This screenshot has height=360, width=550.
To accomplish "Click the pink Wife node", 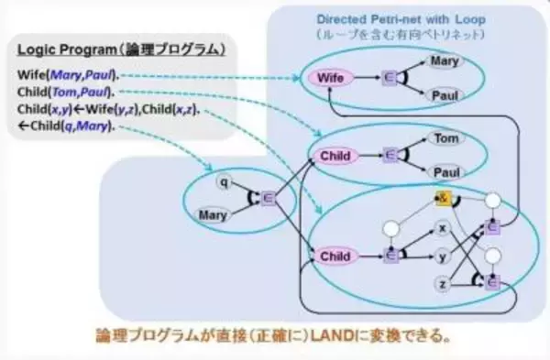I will pyautogui.click(x=331, y=79).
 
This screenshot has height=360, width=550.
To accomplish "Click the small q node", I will pyautogui.click(x=223, y=181).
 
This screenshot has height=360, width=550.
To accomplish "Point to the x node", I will pyautogui.click(x=442, y=227).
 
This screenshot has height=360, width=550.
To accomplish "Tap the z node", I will pyautogui.click(x=442, y=286).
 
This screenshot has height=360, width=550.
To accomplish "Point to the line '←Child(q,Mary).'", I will pyautogui.click(x=66, y=125).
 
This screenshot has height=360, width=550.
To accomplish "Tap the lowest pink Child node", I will pyautogui.click(x=335, y=257).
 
